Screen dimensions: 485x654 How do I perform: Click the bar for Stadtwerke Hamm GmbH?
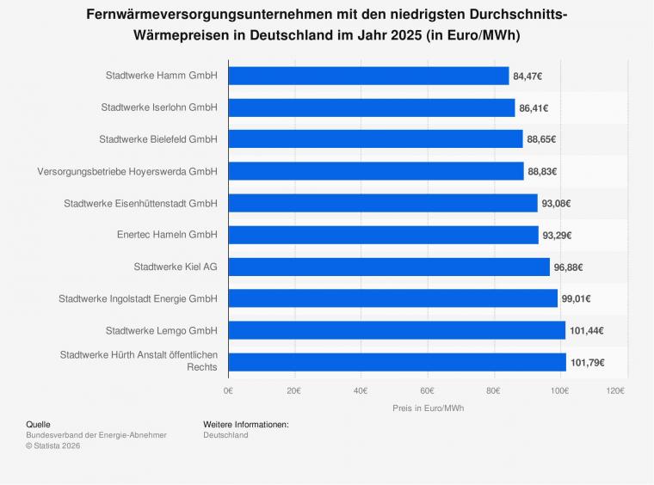(x=368, y=76)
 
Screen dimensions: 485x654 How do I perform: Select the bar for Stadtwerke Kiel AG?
(x=389, y=267)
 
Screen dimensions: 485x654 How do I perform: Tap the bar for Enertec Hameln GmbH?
(x=383, y=235)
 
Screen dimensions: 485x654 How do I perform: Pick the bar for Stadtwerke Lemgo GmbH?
(x=397, y=330)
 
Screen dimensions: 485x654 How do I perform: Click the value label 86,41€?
(x=532, y=107)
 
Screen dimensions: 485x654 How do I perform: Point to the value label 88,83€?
(x=540, y=171)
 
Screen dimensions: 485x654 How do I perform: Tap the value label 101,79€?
(x=586, y=362)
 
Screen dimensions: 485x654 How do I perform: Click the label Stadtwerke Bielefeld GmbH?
(x=157, y=139)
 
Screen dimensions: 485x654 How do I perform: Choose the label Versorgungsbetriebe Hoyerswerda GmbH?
(x=127, y=171)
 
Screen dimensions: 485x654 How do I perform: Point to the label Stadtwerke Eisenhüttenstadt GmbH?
(x=140, y=203)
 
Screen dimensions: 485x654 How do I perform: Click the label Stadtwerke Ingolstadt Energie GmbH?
(x=138, y=298)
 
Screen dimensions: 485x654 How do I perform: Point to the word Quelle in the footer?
(x=39, y=424)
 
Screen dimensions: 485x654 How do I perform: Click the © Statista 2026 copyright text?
(x=53, y=445)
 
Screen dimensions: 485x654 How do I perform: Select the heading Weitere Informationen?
(x=245, y=424)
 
